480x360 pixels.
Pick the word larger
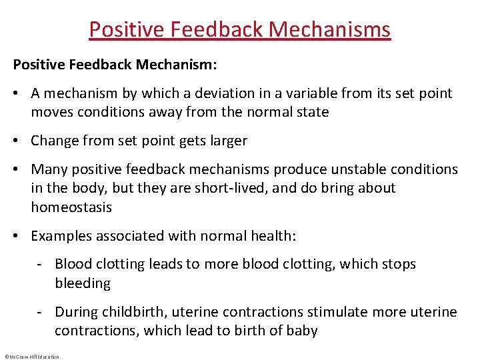click(227, 141)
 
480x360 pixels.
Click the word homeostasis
click(71, 207)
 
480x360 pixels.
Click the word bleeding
click(83, 283)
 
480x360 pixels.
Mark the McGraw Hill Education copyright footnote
click(32, 356)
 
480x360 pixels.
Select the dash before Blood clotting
click(41, 265)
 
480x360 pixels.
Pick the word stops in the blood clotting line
click(399, 265)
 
